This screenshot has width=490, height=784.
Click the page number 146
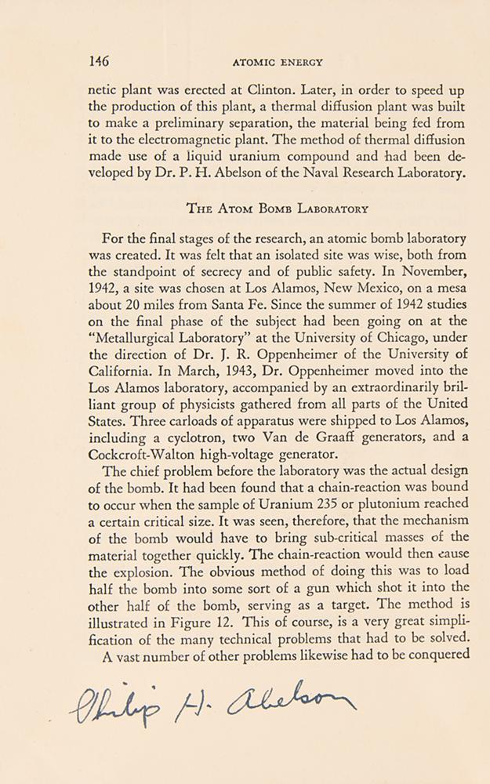[100, 61]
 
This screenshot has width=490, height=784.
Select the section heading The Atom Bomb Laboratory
[278, 209]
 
